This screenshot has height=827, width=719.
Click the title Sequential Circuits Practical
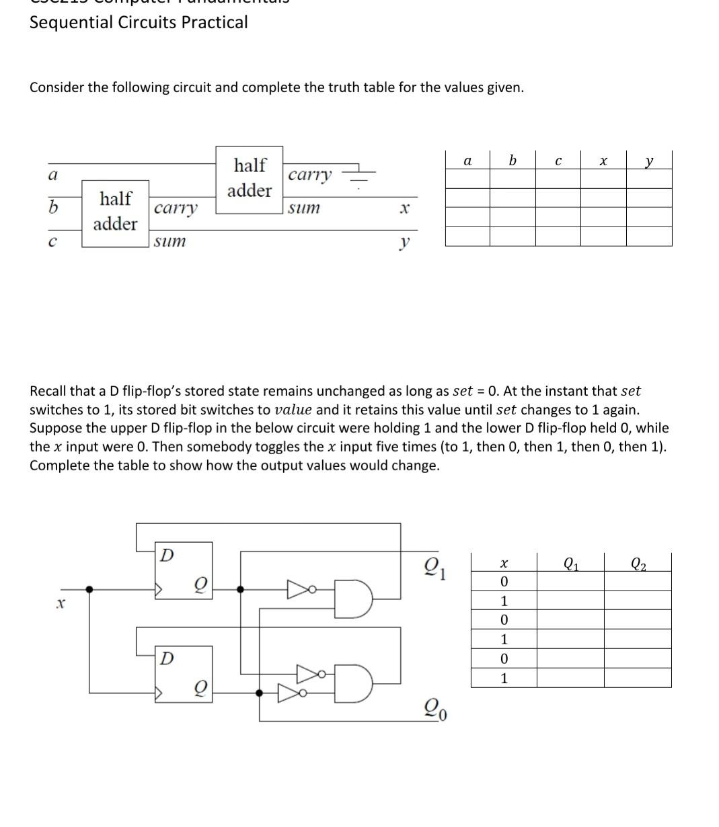139,22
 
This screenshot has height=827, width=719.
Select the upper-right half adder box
249,179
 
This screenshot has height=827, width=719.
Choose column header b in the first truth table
513,161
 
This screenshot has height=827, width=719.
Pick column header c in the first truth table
558,161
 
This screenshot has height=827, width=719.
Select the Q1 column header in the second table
570,563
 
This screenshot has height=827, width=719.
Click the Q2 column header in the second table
638,563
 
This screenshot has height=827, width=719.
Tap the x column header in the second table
504,563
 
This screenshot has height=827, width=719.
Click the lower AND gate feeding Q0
354,684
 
